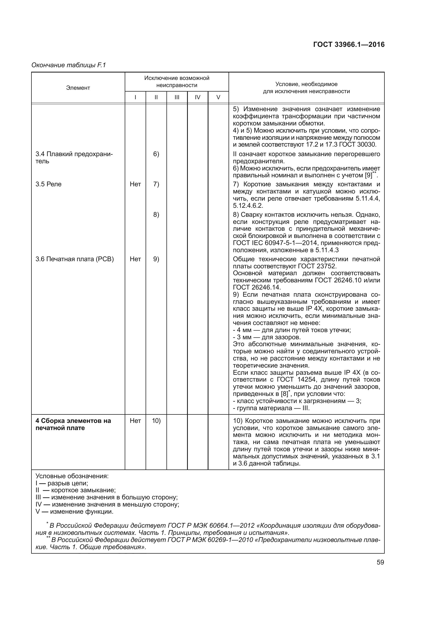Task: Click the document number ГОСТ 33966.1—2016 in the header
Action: [x=349, y=45]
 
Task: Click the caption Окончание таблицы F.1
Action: [x=69, y=65]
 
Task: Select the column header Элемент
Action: [x=78, y=88]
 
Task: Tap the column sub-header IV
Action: [x=198, y=97]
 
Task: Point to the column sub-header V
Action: [x=218, y=97]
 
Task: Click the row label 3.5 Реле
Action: [x=48, y=184]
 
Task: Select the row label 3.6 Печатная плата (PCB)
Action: [x=75, y=259]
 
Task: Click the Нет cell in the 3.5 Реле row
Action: [x=135, y=184]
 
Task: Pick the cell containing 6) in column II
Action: [x=156, y=154]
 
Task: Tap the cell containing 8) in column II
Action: [x=156, y=215]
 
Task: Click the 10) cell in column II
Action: [x=156, y=421]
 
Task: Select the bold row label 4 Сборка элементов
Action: [x=73, y=424]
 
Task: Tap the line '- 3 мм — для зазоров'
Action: [x=267, y=337]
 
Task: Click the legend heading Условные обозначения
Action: [x=72, y=476]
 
